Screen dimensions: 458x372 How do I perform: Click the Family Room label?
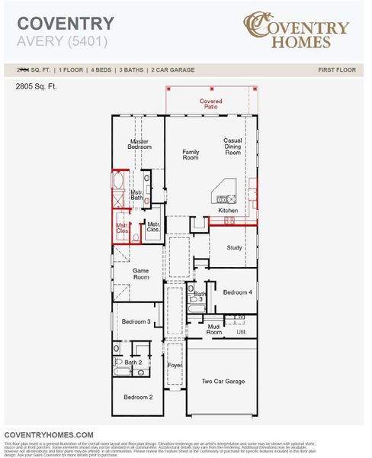pos(191,155)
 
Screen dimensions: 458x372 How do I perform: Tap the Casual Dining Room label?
pos(232,147)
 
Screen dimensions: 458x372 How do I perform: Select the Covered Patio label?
pos(211,104)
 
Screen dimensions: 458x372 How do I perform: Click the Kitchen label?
pos(228,211)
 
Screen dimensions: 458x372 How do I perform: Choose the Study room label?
pos(234,247)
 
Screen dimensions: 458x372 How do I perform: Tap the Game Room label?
pos(141,274)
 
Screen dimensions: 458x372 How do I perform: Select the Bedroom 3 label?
pos(137,321)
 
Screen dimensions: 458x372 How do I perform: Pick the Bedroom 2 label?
pos(139,397)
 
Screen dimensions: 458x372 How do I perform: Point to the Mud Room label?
pos(214,330)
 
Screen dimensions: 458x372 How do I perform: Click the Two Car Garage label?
pos(223,381)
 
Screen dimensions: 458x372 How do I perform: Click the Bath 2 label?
pos(133,362)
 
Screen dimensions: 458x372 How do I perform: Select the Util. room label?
pos(241,332)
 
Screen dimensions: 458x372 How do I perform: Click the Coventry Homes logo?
pos(297,29)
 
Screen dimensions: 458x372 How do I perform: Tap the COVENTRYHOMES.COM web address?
pos(49,434)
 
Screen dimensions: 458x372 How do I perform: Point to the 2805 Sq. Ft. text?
pos(36,87)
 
